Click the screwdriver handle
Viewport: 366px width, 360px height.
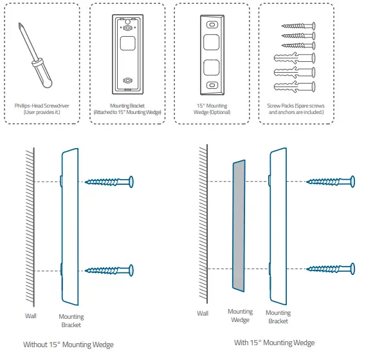point(42,73)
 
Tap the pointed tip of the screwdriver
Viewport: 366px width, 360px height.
point(19,23)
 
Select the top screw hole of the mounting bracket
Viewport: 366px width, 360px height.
point(127,28)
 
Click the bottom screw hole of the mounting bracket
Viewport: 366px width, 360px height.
point(127,81)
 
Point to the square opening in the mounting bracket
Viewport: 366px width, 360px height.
point(127,43)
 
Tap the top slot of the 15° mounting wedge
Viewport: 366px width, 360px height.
point(212,24)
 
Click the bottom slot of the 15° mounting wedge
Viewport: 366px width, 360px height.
point(212,85)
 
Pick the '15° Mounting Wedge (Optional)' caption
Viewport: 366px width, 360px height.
point(212,109)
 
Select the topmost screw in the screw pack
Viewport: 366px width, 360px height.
point(298,26)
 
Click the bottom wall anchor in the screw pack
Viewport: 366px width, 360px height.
point(295,87)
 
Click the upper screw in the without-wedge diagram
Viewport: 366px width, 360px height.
point(109,182)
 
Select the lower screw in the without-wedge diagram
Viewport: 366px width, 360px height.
point(109,270)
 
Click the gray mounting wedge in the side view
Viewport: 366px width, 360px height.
point(239,226)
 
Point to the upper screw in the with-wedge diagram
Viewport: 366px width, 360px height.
point(331,182)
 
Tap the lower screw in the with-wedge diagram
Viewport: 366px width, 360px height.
point(331,269)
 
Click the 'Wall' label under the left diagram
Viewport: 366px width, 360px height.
point(31,316)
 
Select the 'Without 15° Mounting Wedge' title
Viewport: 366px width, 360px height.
point(68,345)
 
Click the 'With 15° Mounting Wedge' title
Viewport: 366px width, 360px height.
point(275,343)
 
